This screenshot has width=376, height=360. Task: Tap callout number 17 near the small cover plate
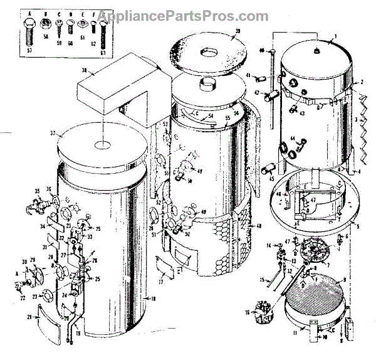coord(161,282)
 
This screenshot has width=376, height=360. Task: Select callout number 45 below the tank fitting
coord(271,179)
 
